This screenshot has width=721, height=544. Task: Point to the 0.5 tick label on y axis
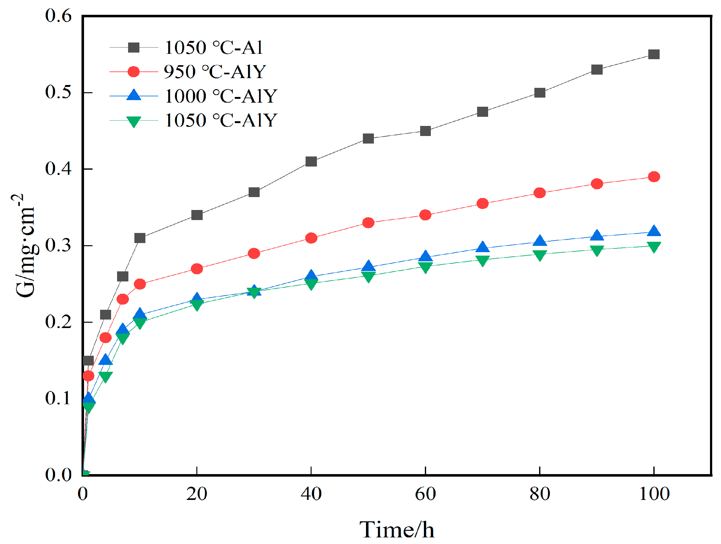(x=59, y=92)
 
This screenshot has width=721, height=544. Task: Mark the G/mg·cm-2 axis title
(x=25, y=246)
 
